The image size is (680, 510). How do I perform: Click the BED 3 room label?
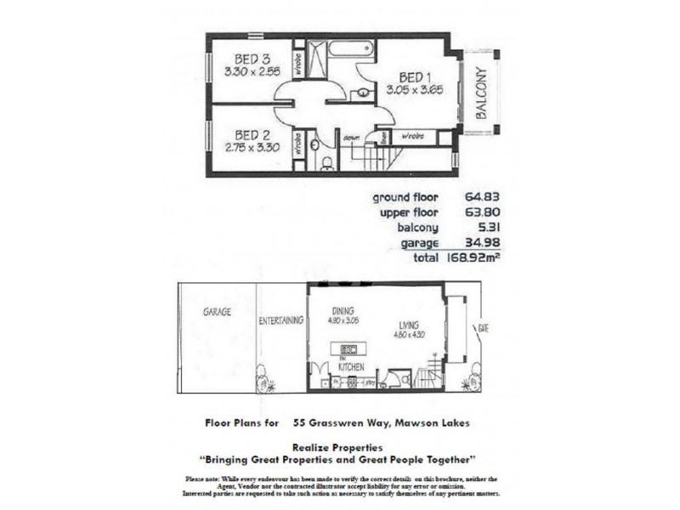252,59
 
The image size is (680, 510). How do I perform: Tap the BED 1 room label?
416,76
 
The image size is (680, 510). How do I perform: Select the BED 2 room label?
252,134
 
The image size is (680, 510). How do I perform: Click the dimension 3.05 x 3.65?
416,88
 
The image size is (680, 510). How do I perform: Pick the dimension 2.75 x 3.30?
252,146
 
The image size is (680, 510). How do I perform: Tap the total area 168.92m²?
467,258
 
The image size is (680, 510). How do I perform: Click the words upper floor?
406,212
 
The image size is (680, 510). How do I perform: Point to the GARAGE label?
217,312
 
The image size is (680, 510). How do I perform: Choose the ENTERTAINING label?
280,320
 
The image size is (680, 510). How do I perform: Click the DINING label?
343,311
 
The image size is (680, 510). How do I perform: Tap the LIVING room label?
408,324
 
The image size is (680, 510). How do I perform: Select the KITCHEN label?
351,367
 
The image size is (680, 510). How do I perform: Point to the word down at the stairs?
352,137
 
